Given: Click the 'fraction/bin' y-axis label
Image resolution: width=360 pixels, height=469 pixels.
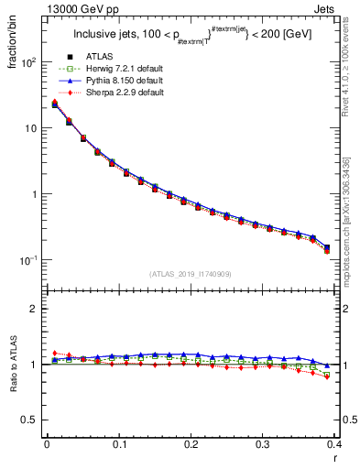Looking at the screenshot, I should [15, 41].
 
